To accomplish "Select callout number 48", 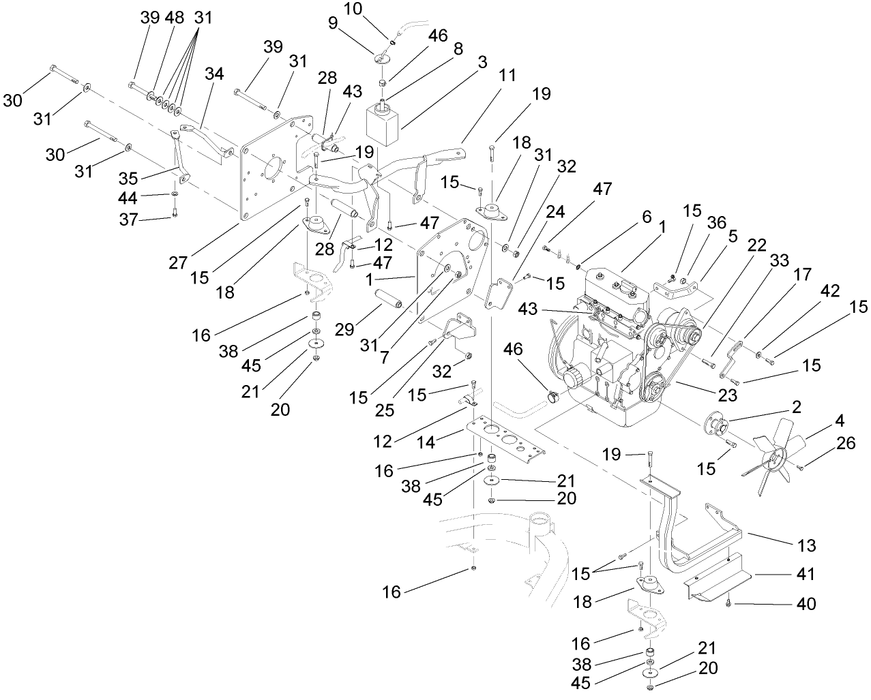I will [175, 18].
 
